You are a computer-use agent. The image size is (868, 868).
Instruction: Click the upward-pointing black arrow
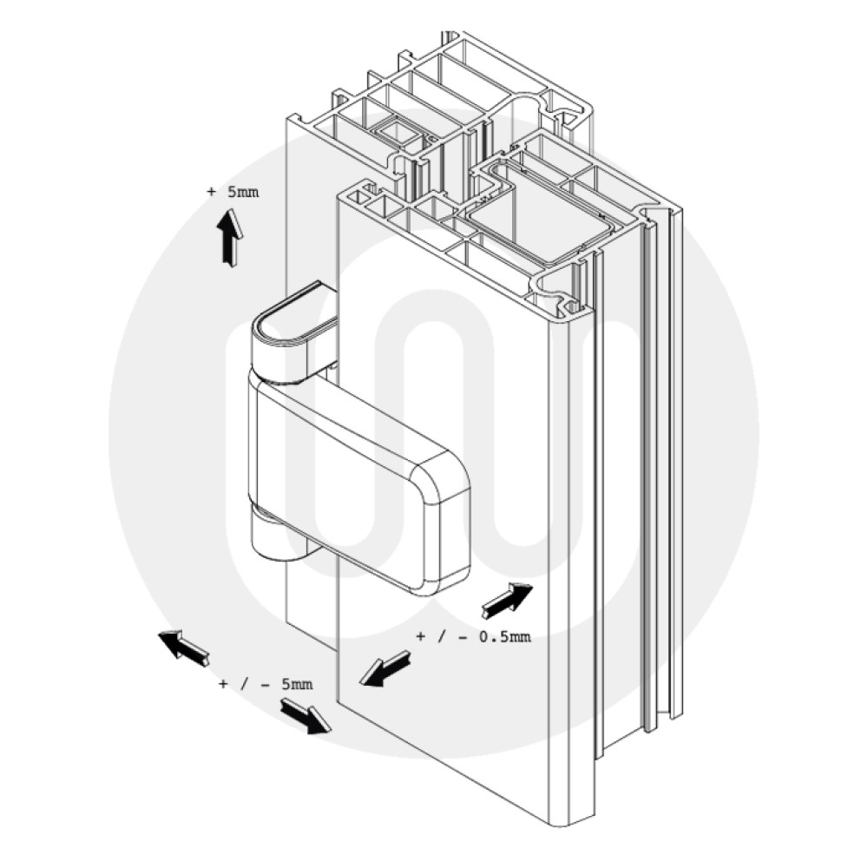click(230, 239)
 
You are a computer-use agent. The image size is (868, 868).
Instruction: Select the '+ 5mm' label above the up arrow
click(233, 192)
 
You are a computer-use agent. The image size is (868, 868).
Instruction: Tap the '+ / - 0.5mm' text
click(473, 638)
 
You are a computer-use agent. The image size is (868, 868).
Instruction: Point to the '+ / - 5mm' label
click(265, 685)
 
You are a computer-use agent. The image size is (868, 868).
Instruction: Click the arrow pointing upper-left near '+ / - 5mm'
click(183, 648)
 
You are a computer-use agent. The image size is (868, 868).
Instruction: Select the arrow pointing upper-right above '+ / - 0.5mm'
click(507, 600)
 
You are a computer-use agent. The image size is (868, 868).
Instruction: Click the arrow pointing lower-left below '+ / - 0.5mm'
click(385, 668)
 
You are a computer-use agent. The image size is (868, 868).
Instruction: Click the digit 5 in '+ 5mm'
click(232, 192)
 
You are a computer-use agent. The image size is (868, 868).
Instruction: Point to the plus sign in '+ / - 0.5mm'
click(421, 638)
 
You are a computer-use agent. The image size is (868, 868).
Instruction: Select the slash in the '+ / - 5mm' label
click(243, 685)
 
